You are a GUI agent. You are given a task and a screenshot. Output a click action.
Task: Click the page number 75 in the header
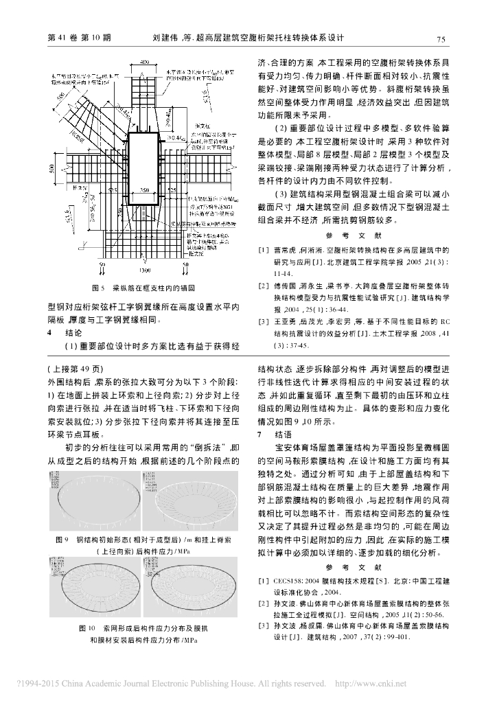tap(441, 38)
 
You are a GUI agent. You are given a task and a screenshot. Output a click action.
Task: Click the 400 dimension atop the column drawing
tap(145, 62)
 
